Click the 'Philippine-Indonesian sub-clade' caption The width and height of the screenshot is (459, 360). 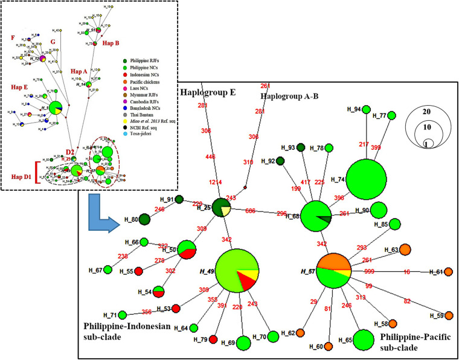(123, 332)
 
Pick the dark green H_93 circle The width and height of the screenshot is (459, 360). (300, 148)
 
